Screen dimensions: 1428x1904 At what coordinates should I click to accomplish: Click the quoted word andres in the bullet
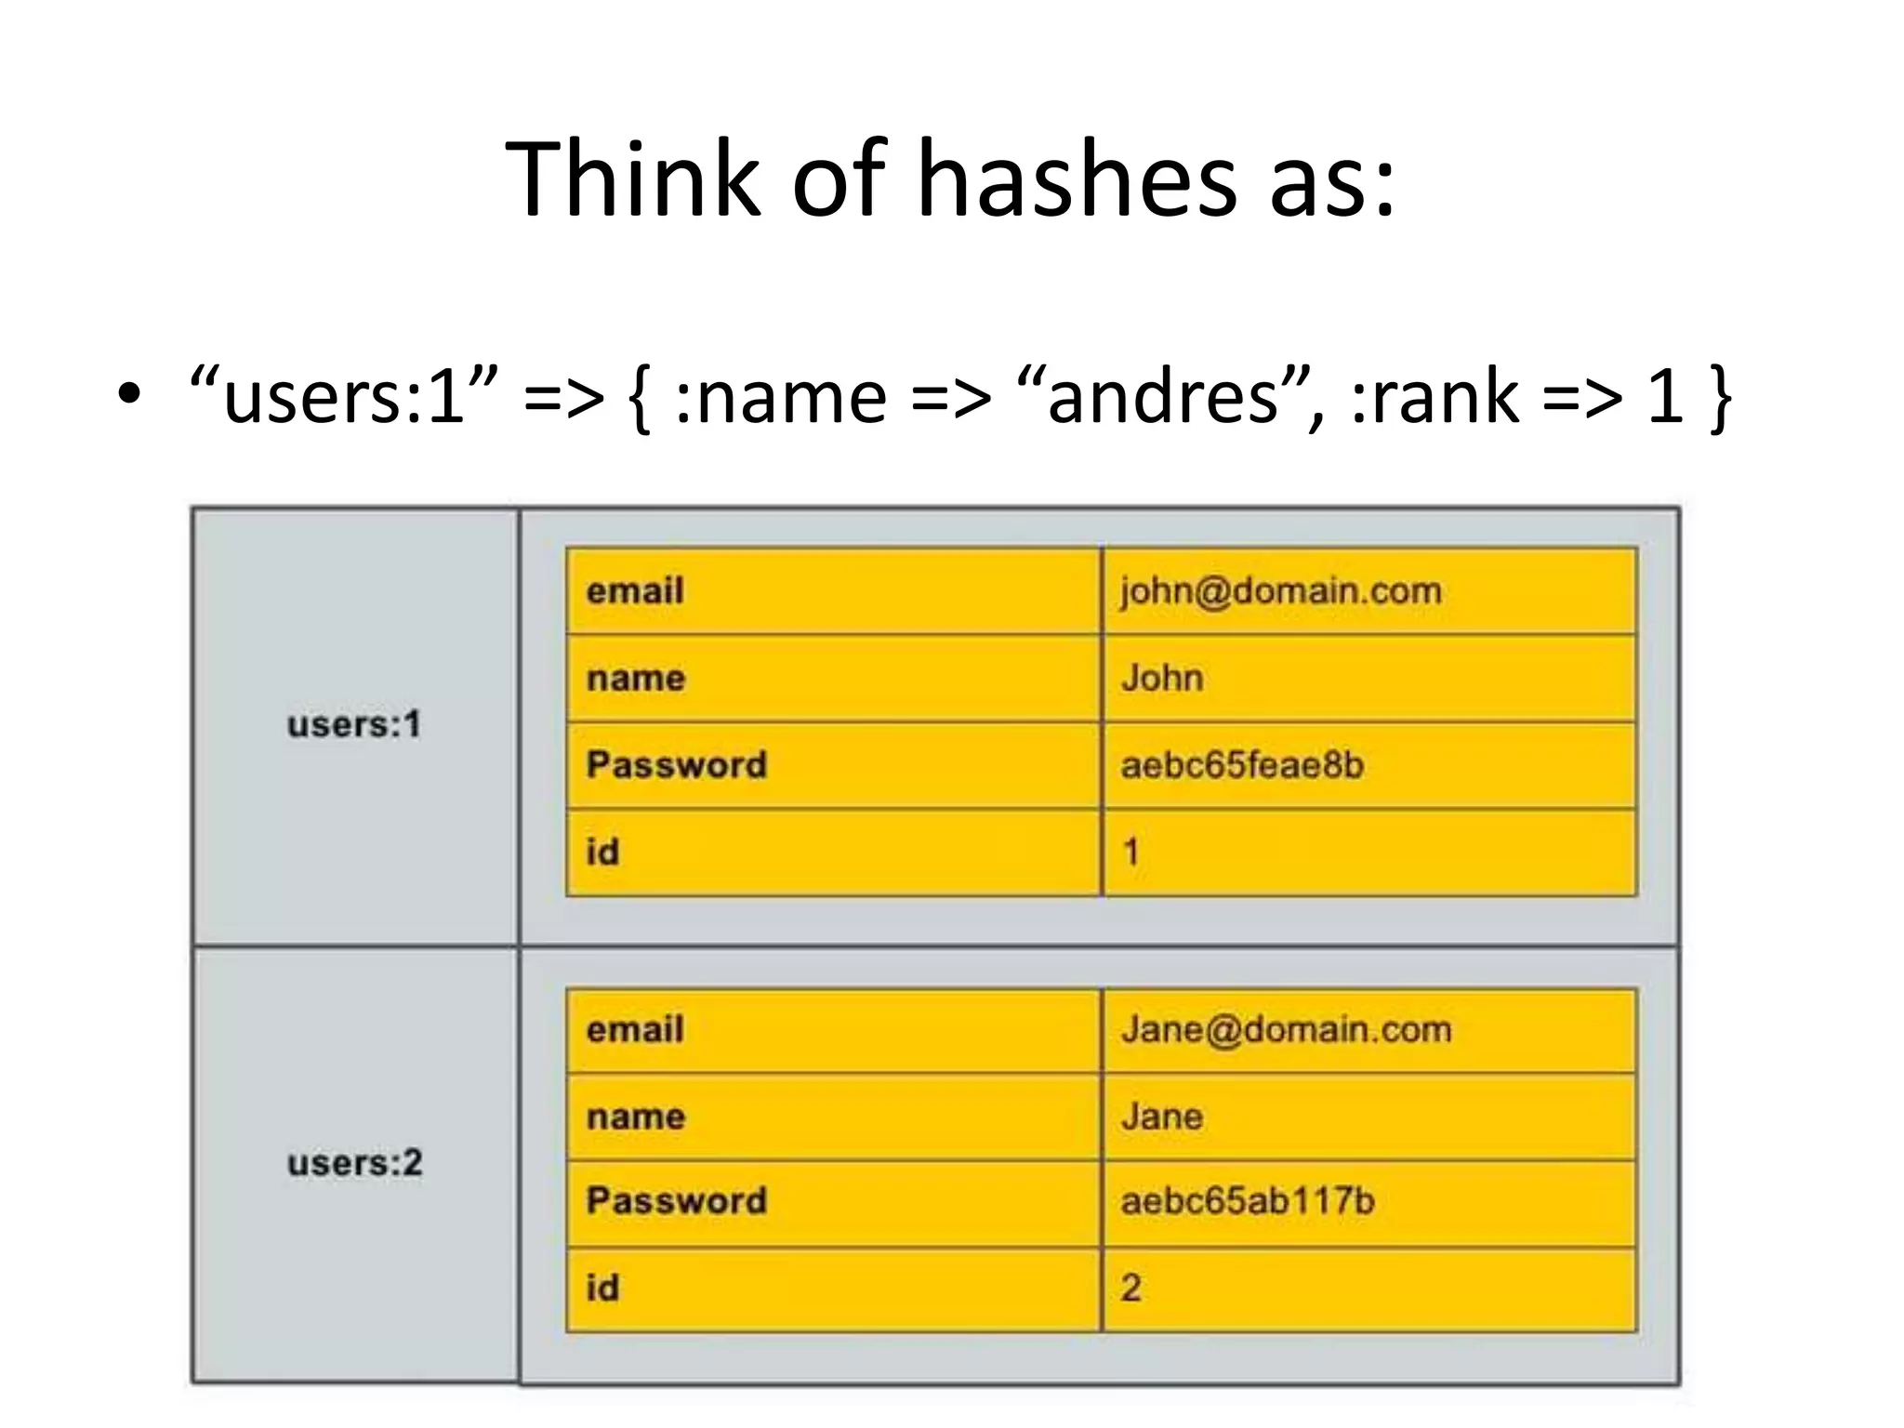point(1162,396)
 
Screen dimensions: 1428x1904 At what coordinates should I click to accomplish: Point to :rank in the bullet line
point(1435,396)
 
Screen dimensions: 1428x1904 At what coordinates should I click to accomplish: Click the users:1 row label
point(354,724)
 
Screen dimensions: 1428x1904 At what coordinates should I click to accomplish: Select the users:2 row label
point(354,1163)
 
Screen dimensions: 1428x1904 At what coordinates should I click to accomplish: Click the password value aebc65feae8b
point(1242,765)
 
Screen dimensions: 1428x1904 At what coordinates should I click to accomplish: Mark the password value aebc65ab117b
point(1247,1201)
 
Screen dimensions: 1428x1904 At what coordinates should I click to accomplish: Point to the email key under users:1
point(635,591)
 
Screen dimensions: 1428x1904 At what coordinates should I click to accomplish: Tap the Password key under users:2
point(677,1201)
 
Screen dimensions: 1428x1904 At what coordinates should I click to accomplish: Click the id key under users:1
point(602,852)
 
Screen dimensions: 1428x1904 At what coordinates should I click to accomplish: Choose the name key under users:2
point(636,1117)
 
